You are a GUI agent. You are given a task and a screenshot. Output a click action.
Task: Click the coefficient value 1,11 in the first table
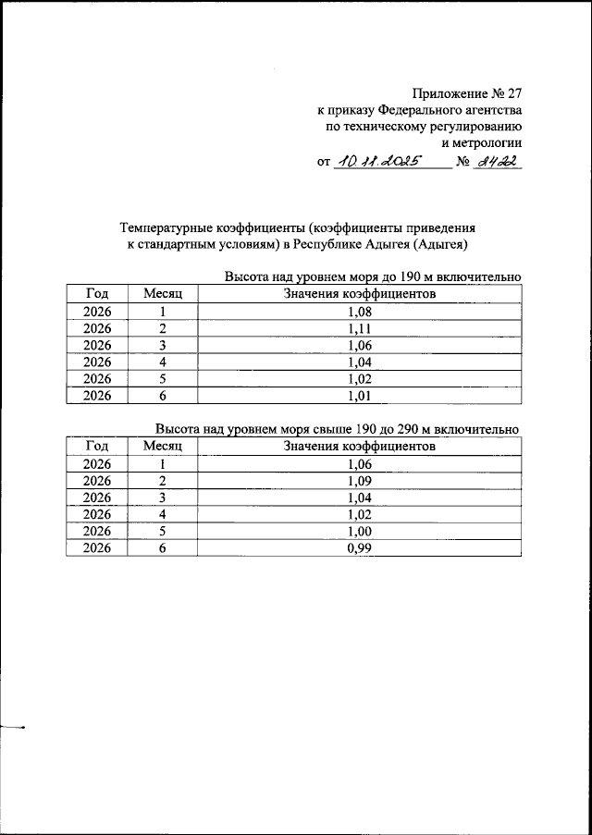point(359,328)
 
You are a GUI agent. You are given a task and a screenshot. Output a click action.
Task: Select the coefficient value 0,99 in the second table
point(359,547)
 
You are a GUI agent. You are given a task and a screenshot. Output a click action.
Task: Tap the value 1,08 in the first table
point(359,312)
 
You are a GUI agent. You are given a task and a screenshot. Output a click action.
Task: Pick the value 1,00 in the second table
point(359,531)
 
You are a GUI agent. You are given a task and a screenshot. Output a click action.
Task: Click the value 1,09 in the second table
point(359,481)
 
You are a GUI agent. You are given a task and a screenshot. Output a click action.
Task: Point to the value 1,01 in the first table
point(359,396)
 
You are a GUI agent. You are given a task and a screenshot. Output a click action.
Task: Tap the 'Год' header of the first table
point(97,294)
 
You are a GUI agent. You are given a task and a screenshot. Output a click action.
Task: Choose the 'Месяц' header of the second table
point(163,447)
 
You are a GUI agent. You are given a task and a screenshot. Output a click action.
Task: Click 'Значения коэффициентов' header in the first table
point(359,294)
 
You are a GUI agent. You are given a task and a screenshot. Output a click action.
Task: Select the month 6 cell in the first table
point(163,396)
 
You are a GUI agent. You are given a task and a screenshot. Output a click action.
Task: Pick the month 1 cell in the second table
point(163,464)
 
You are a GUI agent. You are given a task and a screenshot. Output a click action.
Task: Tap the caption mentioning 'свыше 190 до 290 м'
point(339,430)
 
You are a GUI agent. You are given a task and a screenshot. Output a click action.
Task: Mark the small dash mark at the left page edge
point(13,727)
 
